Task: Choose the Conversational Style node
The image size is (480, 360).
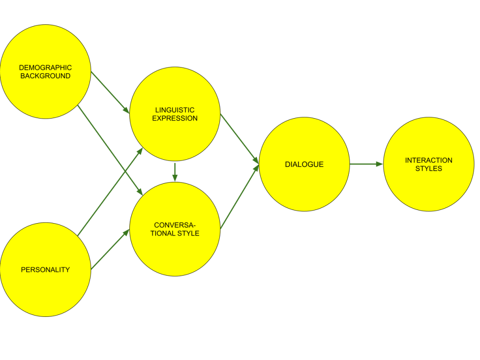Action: (175, 248)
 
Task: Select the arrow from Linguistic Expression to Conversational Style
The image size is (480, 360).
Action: (175, 171)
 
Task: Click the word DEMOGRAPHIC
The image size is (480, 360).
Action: (45, 68)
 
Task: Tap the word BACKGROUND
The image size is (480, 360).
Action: (45, 76)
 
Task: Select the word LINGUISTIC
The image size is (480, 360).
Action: (175, 110)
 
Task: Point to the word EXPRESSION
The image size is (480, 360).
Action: (175, 118)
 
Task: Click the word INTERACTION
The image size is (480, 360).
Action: (428, 160)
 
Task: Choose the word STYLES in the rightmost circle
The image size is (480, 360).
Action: (428, 169)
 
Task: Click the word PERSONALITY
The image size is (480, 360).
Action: (45, 270)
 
